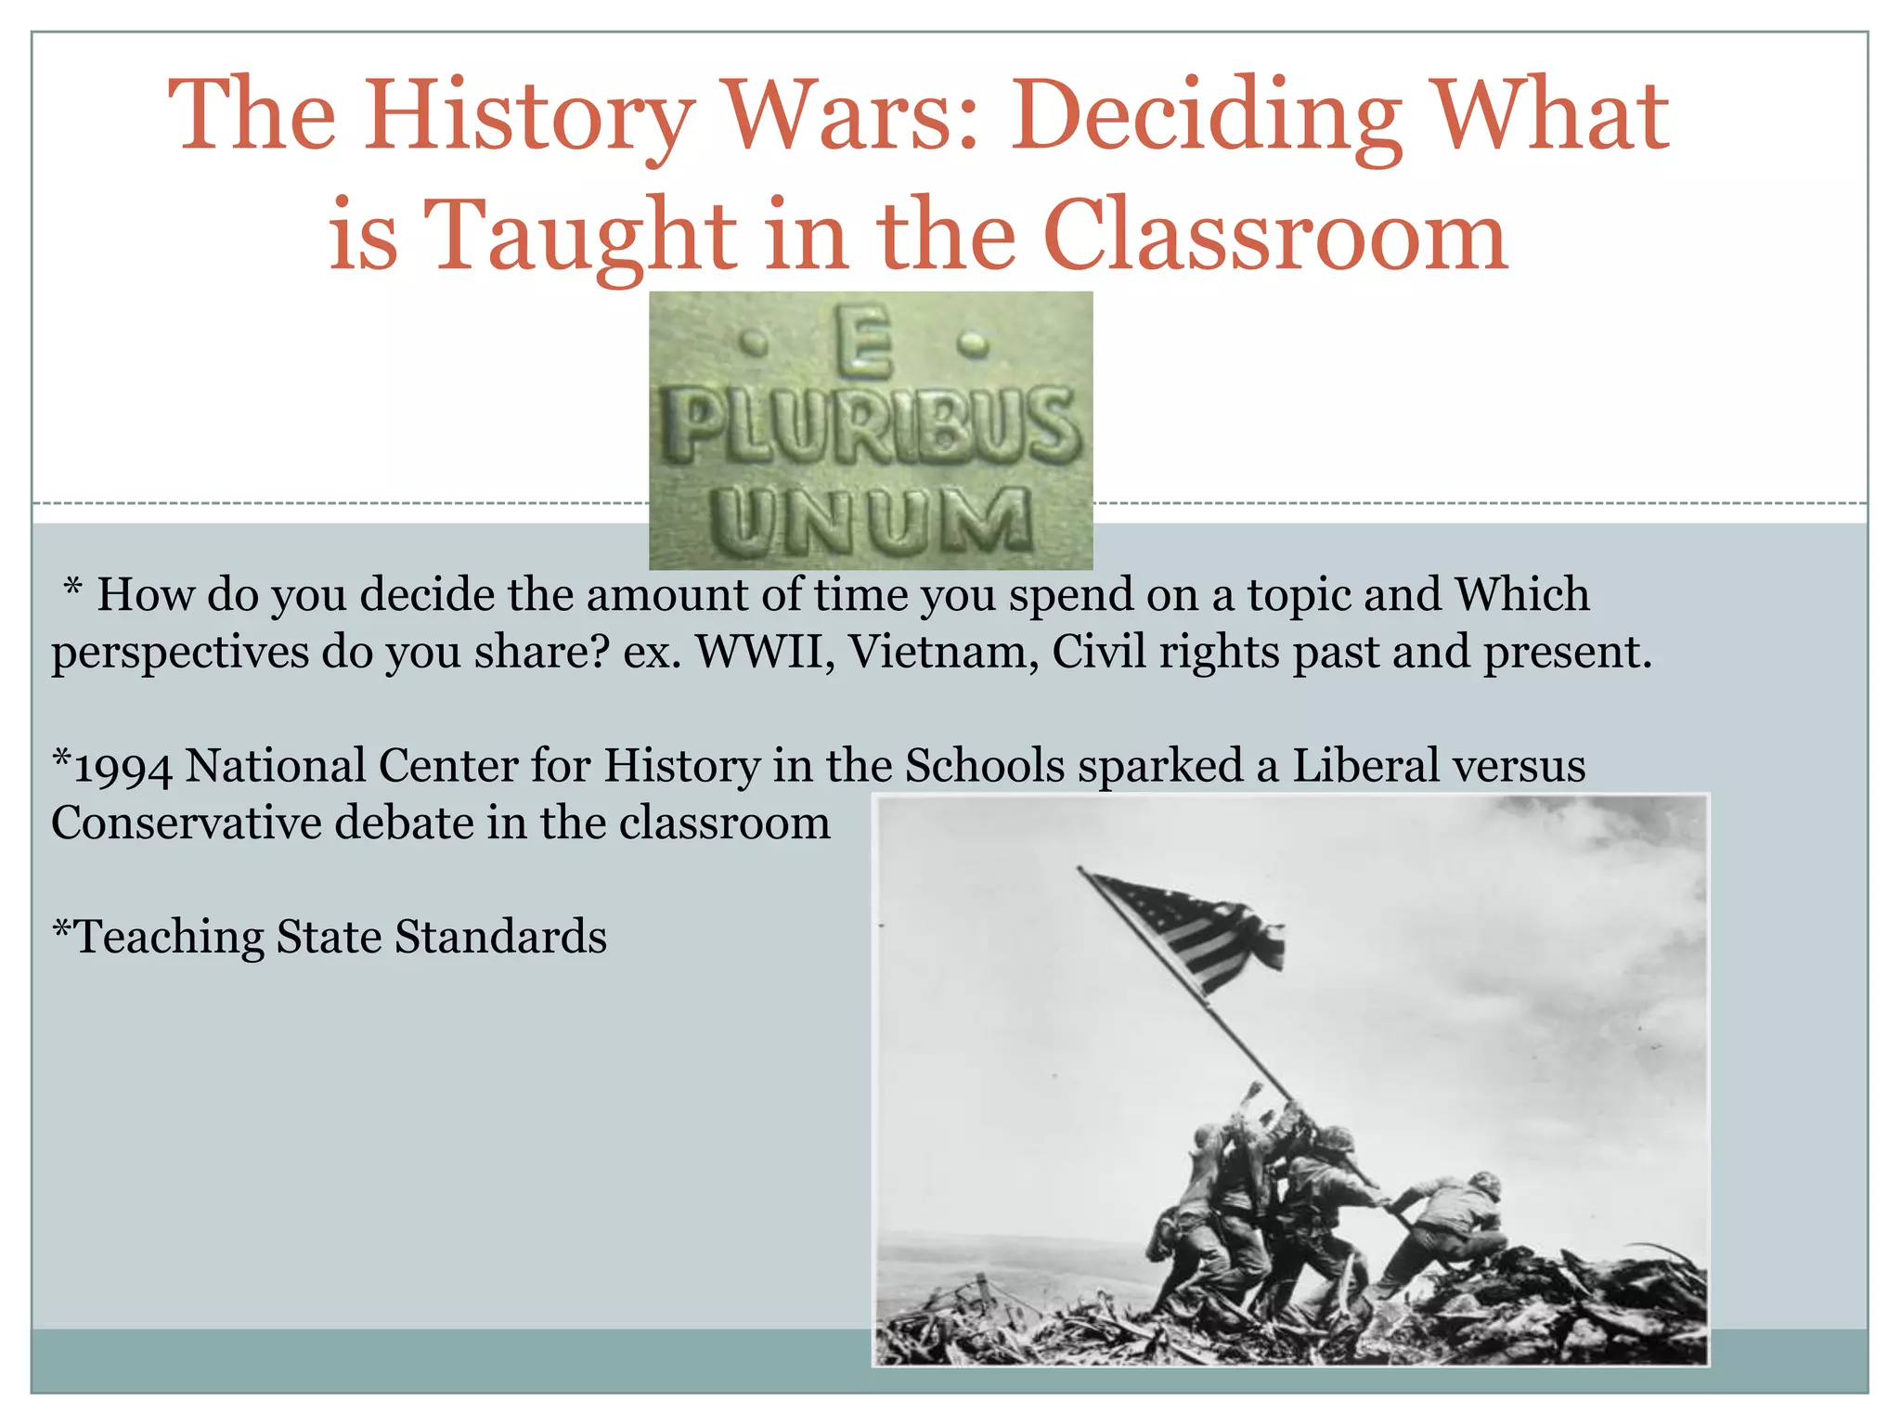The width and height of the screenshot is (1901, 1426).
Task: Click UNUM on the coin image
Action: [x=871, y=521]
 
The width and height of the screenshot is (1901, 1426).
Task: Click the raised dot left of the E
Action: [x=758, y=347]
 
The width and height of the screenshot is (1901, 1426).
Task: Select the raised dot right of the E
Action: [x=972, y=345]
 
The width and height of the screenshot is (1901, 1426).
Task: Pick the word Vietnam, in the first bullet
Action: [x=943, y=653]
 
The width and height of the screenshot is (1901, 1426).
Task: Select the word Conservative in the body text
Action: [x=186, y=823]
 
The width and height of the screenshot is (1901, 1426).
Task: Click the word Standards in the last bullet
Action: [x=500, y=938]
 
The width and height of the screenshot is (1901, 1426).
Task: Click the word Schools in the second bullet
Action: [x=984, y=767]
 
